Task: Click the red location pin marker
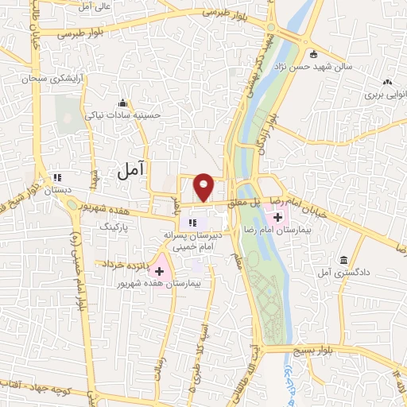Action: click(x=204, y=186)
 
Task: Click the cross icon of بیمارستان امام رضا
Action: click(x=277, y=215)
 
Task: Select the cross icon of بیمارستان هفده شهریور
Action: click(x=159, y=271)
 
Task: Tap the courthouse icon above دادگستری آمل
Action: click(x=343, y=260)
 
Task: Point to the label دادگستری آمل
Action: click(x=343, y=273)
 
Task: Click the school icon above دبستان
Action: click(x=56, y=177)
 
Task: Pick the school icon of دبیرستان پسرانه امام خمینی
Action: click(x=192, y=222)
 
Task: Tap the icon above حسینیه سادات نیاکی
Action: click(x=122, y=103)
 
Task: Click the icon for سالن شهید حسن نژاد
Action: click(x=314, y=55)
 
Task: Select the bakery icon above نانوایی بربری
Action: click(x=387, y=82)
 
